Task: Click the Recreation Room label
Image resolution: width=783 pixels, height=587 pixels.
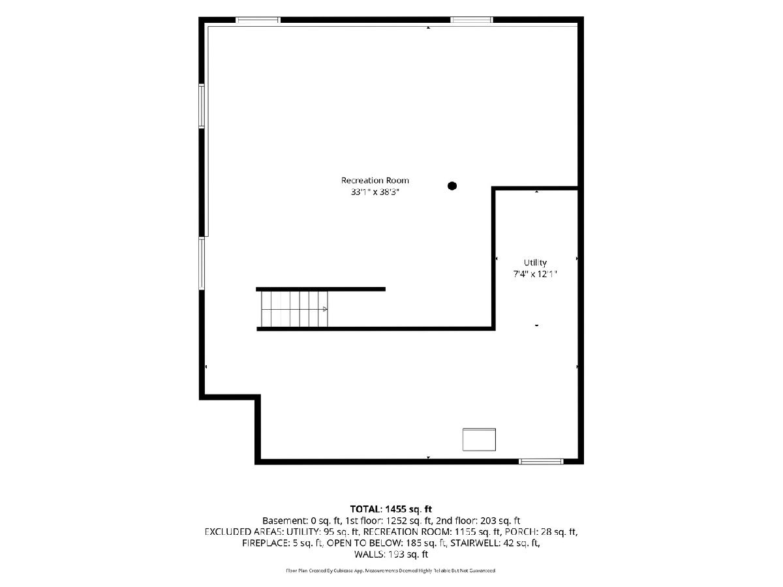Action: click(375, 181)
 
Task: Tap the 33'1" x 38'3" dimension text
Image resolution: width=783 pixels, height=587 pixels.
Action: click(375, 192)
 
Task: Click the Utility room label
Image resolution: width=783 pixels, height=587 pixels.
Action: click(535, 263)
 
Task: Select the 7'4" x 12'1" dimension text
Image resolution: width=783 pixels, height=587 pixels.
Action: click(535, 274)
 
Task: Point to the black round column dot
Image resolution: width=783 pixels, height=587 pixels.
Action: click(452, 186)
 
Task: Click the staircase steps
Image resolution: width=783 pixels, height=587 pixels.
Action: click(294, 309)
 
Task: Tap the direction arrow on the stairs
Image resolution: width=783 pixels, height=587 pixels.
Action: click(325, 309)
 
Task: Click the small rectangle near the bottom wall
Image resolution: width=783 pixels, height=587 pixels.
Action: click(479, 440)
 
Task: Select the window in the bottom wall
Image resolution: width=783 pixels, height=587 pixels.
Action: click(541, 462)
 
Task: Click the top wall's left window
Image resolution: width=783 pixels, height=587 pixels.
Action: click(258, 20)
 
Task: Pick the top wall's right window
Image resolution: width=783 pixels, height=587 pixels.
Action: click(472, 20)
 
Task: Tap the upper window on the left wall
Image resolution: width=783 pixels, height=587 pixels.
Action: click(202, 106)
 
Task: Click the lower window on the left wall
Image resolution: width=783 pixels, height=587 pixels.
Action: click(202, 263)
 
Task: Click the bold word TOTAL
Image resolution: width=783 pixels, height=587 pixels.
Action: click(365, 509)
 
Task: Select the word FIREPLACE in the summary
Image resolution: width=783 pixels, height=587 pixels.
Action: click(265, 543)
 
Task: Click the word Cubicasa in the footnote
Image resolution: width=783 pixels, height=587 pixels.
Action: click(344, 571)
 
